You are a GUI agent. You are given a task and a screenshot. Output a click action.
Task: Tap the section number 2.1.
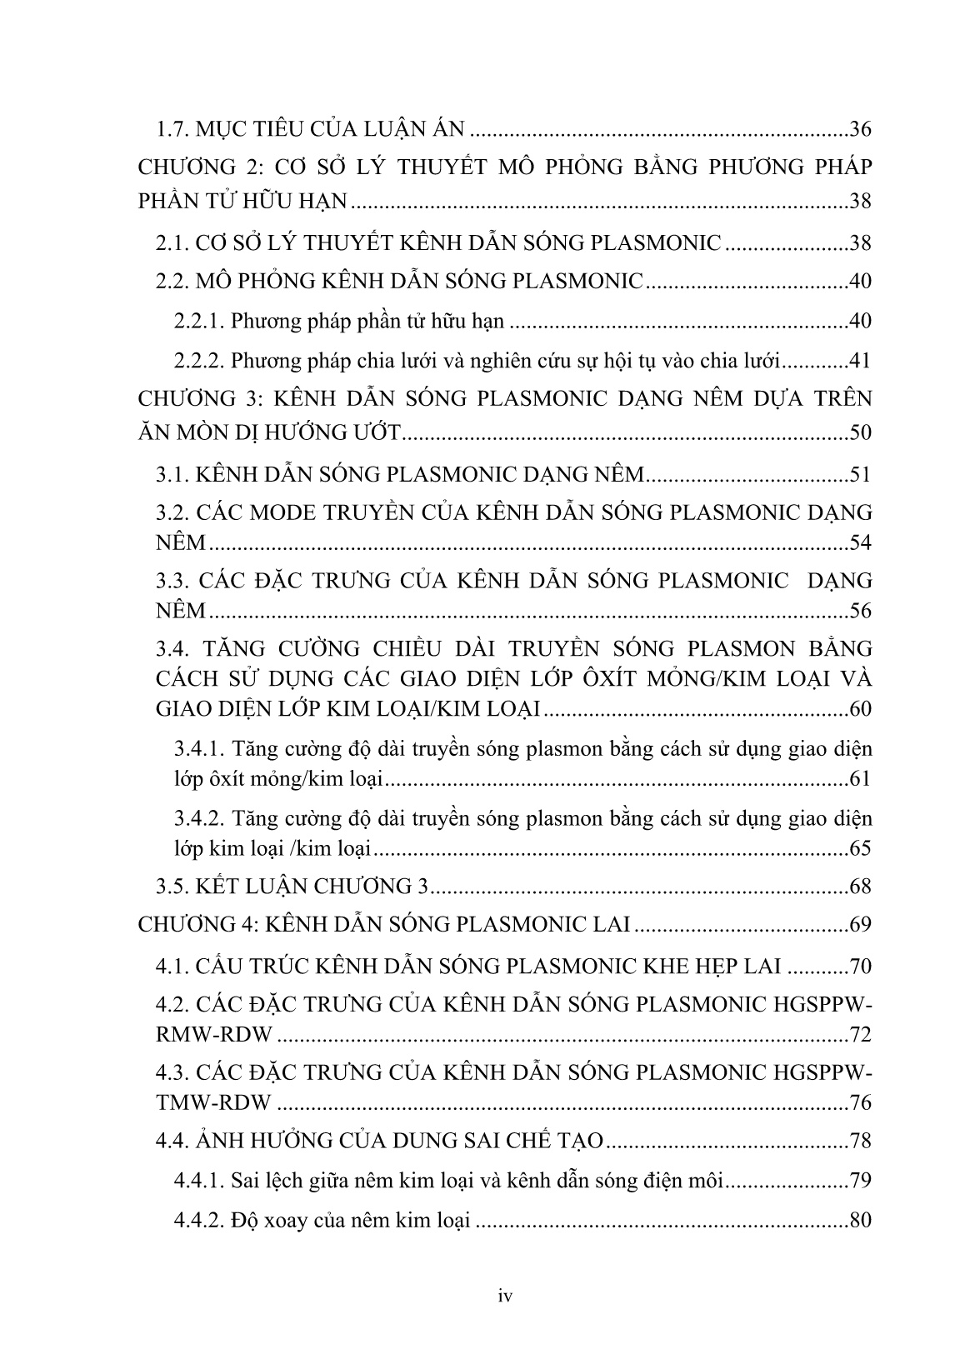click(172, 243)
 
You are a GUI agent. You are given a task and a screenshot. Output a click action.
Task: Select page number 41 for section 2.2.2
click(858, 361)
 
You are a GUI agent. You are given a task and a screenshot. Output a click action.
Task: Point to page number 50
click(858, 432)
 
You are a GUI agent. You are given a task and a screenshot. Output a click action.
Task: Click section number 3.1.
click(172, 475)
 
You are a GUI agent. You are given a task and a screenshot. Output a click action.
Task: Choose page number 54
click(858, 543)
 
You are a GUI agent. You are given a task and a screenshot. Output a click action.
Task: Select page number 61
click(858, 779)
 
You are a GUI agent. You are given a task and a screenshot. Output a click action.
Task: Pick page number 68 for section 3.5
click(858, 887)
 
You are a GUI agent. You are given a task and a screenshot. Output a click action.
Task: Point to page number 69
click(858, 924)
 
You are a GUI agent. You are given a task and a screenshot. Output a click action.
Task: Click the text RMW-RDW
click(214, 1035)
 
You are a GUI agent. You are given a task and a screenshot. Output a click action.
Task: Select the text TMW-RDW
click(213, 1103)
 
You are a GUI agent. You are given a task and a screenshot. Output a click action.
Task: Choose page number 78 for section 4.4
click(858, 1141)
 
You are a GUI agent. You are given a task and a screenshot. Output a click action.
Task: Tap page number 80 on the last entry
click(858, 1222)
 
